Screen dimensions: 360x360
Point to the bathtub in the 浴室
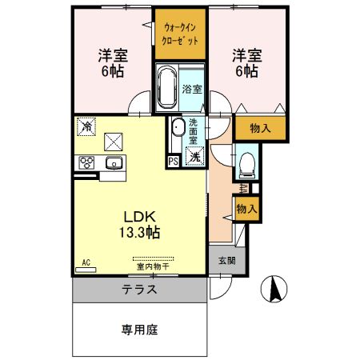point(166,88)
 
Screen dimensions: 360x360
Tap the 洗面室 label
point(196,130)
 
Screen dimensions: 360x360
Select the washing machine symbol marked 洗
point(194,157)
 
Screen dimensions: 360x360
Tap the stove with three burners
point(87,163)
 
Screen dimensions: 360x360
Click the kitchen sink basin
point(114,164)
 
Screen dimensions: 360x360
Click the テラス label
point(140,289)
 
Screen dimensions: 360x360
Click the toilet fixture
point(246,164)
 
